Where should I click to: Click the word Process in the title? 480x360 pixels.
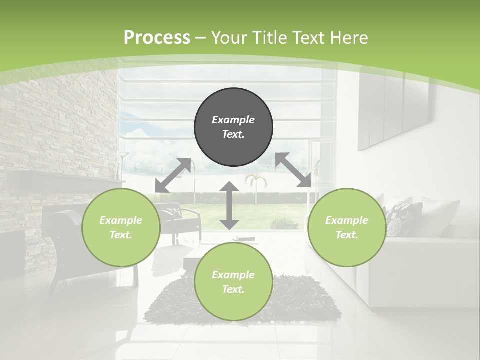click(157, 38)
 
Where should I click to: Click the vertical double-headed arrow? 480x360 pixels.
click(229, 205)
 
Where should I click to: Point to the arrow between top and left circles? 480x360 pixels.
click(173, 175)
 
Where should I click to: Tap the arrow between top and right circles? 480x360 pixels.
click(293, 170)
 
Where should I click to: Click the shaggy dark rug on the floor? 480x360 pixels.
click(305, 300)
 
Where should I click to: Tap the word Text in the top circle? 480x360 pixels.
click(233, 134)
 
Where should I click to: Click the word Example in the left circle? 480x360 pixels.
click(121, 220)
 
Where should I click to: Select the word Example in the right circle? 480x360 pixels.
click(347, 220)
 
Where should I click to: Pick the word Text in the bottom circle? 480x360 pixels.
click(233, 289)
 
